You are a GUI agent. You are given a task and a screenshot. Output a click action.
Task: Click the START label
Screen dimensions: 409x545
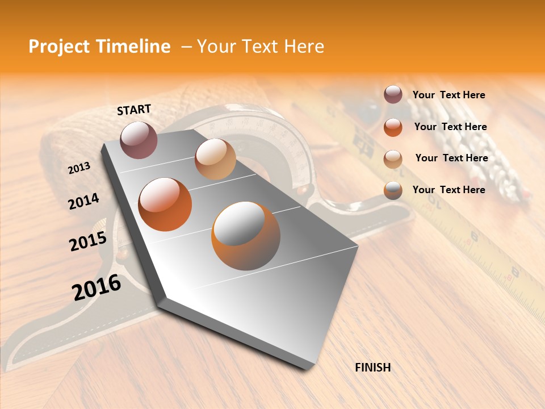click(x=134, y=110)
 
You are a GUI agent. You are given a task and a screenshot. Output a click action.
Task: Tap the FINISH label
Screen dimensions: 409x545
click(x=372, y=368)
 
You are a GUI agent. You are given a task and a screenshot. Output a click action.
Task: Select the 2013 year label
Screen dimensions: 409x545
click(x=79, y=168)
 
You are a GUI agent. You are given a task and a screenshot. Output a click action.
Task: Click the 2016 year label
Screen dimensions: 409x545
click(x=97, y=287)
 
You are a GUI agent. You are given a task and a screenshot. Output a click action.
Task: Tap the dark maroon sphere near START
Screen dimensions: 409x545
click(x=139, y=140)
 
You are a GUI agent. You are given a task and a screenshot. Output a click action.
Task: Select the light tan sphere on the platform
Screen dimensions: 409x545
click(x=215, y=159)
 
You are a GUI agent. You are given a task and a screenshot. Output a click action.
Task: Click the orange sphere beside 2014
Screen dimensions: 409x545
click(x=165, y=204)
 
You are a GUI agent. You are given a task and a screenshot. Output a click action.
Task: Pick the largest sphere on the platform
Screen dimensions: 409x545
click(x=246, y=236)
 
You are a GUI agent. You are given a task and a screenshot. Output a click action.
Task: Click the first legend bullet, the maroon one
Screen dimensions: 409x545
click(x=393, y=95)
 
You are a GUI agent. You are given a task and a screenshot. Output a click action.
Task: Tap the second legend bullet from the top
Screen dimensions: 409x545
click(x=393, y=127)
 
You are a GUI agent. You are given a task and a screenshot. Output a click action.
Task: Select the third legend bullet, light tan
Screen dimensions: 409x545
click(x=393, y=159)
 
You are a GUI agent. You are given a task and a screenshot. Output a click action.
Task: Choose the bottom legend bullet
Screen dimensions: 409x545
click(x=393, y=190)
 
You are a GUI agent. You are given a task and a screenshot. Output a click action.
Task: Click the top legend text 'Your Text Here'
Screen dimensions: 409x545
click(x=448, y=95)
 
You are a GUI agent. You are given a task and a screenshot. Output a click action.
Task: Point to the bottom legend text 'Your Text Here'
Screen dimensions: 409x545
click(x=448, y=190)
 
